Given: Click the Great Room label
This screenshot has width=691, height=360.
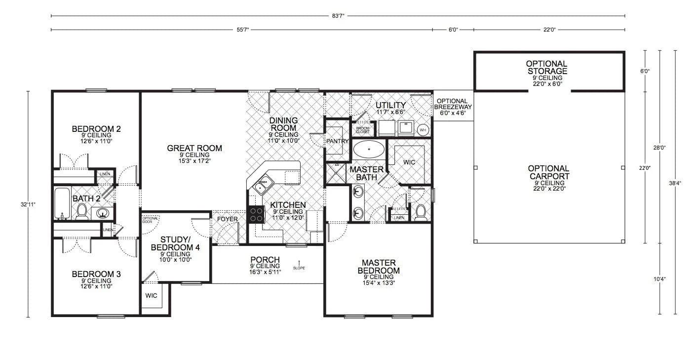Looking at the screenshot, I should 194,148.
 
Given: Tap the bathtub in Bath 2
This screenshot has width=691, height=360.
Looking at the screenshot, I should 62,203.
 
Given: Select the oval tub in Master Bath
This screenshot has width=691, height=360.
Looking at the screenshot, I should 369,149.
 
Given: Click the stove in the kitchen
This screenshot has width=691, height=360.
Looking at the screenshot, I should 256,214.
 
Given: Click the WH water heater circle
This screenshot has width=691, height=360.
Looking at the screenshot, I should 423,130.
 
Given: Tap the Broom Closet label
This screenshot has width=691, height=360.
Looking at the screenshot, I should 362,130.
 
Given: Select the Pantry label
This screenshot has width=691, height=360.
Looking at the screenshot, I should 338,141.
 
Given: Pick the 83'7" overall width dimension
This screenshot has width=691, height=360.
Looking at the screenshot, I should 338,16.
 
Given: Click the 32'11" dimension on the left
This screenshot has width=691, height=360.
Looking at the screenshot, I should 28,204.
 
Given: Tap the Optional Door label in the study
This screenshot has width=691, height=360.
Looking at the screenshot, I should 151,220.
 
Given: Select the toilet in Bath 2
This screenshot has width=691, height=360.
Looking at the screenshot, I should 82,211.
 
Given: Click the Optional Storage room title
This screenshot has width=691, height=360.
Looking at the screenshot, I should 546,68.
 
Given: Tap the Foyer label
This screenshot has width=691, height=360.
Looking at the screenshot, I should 227,219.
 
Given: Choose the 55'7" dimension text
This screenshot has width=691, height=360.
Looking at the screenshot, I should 242,30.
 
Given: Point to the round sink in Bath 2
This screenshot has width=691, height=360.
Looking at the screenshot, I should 102,213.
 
